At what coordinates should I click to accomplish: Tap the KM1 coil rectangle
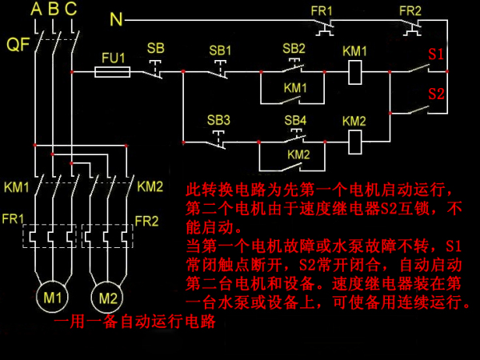point(355,61)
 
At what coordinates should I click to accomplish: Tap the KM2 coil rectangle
point(355,130)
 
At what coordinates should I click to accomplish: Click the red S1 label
point(436,54)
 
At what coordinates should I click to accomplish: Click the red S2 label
point(436,94)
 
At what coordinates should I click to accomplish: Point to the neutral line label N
point(116,19)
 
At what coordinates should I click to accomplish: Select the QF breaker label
point(18,44)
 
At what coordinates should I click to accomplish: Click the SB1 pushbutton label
point(220,50)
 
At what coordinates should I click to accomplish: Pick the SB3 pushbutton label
point(218,120)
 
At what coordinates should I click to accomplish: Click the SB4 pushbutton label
point(295,120)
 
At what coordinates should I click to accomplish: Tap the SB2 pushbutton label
point(294,48)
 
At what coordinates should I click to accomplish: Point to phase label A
point(36,9)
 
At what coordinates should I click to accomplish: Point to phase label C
point(70,9)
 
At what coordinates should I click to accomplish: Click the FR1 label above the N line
point(322,11)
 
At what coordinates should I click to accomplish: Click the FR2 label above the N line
point(410,11)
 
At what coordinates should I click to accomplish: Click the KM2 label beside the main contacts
point(150,186)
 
